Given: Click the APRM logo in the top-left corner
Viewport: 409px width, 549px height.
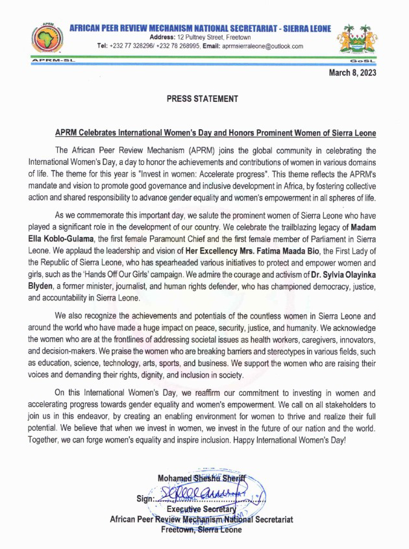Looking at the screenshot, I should point(43,40).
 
